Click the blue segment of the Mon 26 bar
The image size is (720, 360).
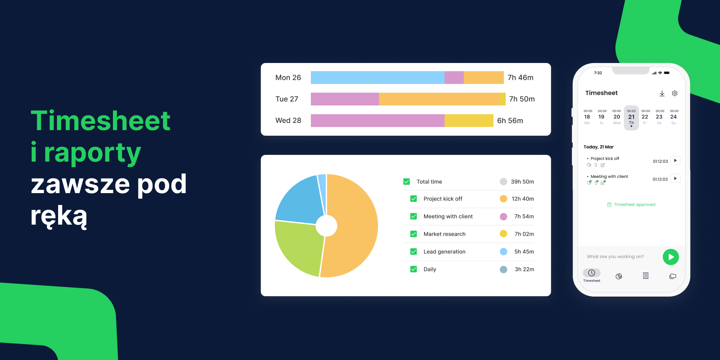[377, 78]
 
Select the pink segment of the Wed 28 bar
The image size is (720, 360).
[377, 120]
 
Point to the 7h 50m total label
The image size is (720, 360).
[522, 99]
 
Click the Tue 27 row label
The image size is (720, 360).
[286, 99]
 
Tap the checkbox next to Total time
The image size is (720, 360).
[406, 181]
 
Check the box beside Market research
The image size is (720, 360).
[413, 234]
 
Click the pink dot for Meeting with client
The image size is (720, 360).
[503, 216]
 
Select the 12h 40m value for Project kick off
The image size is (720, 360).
[522, 199]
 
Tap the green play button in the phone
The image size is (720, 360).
[670, 257]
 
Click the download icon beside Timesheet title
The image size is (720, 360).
[662, 93]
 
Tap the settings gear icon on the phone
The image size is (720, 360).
[675, 93]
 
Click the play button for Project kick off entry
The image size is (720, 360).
[675, 160]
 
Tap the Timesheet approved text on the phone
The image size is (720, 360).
[634, 205]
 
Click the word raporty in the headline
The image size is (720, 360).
[92, 153]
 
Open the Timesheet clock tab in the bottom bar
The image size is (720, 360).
[591, 273]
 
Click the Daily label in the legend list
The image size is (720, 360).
[430, 269]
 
